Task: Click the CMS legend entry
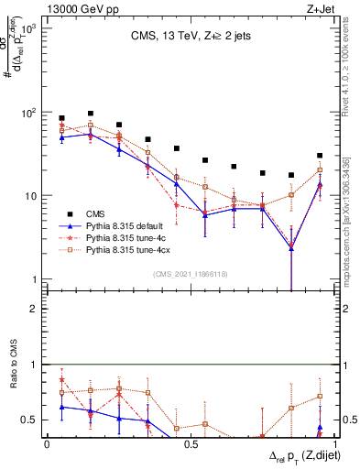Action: (x=96, y=213)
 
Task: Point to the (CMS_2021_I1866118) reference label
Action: (x=186, y=274)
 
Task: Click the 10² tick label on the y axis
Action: (x=28, y=112)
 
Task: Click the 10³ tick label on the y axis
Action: (x=28, y=29)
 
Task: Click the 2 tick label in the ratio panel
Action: (x=34, y=309)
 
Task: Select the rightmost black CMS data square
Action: (x=320, y=156)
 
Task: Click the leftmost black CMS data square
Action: (x=61, y=118)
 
